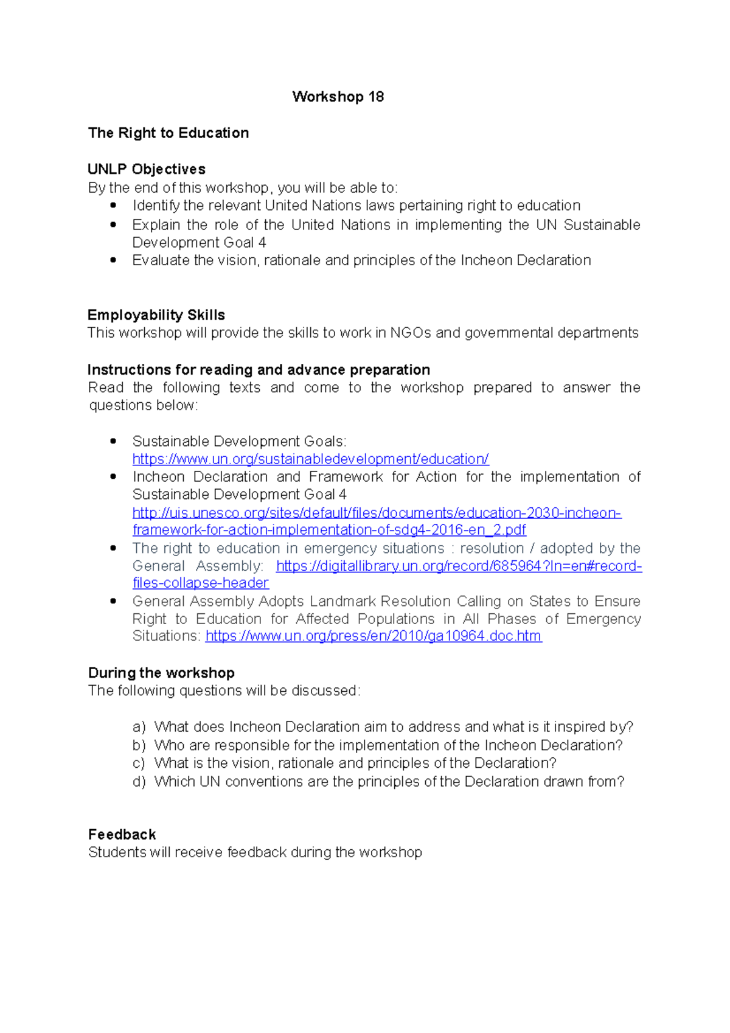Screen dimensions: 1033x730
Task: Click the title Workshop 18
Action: coord(338,97)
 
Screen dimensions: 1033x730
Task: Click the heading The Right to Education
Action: coord(169,133)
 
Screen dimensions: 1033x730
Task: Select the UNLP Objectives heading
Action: coord(147,169)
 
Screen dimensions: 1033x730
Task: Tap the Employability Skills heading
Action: coord(156,315)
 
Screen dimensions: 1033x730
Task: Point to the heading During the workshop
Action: coord(161,673)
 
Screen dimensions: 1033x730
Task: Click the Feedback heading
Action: coord(122,835)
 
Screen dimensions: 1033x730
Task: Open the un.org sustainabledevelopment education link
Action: coord(310,459)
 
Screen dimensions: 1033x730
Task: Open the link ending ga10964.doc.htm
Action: coord(373,636)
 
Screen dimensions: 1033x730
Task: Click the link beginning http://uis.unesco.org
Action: coord(377,513)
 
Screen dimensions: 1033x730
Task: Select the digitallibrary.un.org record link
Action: coord(459,566)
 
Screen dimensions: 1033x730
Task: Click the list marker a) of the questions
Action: coord(139,727)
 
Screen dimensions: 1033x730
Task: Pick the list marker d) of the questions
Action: coord(139,782)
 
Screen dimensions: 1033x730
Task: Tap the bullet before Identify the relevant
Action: coord(113,206)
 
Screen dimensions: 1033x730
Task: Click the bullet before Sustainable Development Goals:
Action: coord(113,441)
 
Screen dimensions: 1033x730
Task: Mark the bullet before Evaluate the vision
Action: coord(113,260)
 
